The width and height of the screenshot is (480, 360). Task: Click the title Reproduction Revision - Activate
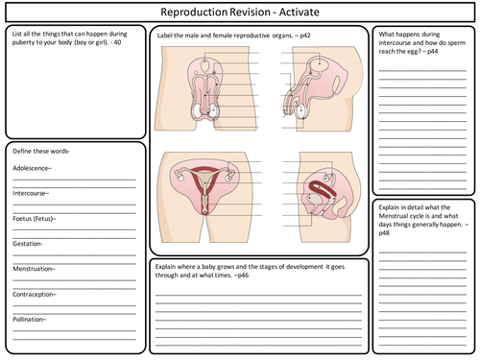pyautogui.click(x=239, y=12)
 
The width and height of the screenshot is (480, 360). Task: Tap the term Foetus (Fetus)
pyautogui.click(x=36, y=218)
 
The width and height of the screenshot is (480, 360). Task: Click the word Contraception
pyautogui.click(x=35, y=294)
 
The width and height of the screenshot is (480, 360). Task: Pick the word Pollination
pyautogui.click(x=32, y=319)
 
